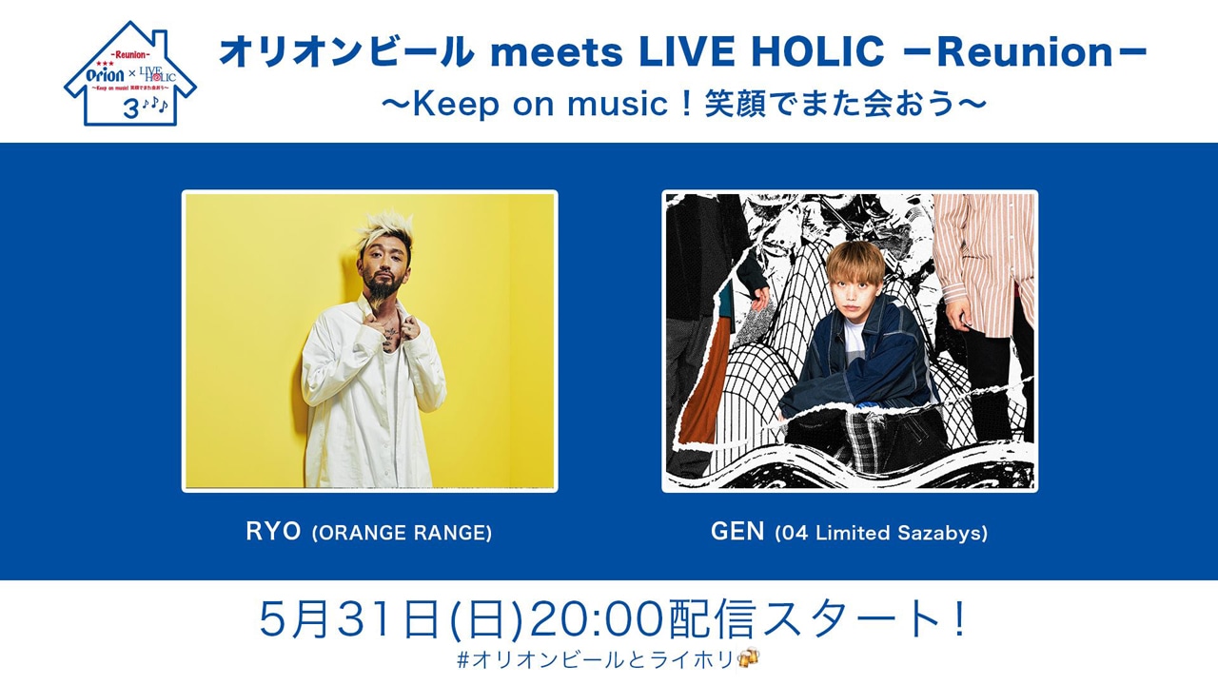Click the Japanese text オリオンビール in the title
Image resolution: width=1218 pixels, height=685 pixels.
(346, 54)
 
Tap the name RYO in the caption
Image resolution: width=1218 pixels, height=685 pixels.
(274, 532)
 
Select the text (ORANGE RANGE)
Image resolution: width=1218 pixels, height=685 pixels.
(402, 533)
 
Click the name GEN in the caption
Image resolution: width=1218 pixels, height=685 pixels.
(737, 532)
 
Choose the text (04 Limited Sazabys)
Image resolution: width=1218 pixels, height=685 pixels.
(880, 533)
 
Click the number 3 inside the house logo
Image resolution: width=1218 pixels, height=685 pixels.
(130, 108)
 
